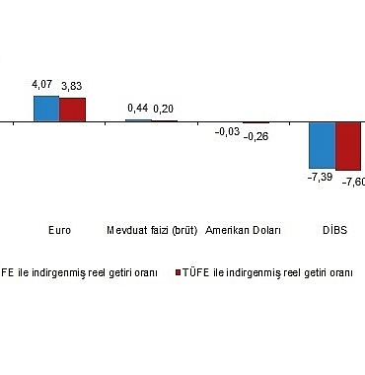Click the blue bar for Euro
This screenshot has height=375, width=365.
pos(46,109)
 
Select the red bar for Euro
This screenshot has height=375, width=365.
pos(72,110)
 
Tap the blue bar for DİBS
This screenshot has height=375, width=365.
pos(323,145)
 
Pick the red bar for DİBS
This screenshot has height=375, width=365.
pos(349,146)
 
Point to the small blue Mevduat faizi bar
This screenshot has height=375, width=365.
pos(138,119)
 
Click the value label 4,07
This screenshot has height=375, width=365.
pos(45,87)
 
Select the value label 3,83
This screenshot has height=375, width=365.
pos(72,88)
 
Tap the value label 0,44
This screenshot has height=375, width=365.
pos(138,108)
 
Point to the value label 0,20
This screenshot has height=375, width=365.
pos(163,109)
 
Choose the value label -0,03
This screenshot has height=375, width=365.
pos(228,132)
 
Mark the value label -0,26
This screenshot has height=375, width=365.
pos(255,135)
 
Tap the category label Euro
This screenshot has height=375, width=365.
pos(59,230)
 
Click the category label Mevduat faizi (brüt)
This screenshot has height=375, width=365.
pos(152,230)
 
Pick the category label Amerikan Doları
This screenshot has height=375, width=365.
pos(243,230)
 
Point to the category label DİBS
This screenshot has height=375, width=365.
pos(335,230)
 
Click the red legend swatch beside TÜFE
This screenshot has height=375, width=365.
pos(179,271)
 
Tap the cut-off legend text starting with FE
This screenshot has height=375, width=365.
pos(79,271)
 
